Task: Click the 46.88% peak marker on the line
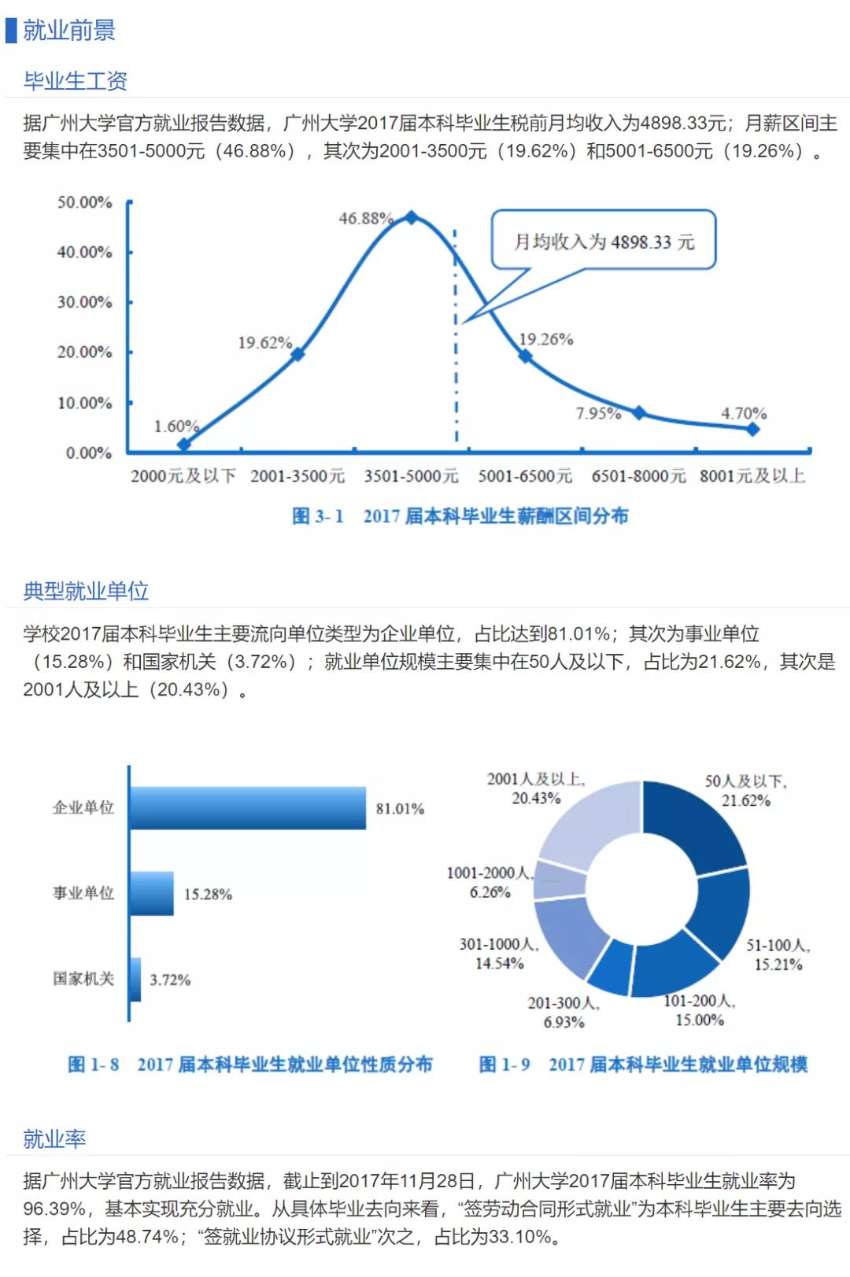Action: click(411, 217)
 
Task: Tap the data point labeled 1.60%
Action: click(184, 445)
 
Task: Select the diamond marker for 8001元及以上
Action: click(752, 429)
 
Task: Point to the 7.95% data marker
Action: click(639, 413)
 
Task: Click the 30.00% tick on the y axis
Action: click(84, 302)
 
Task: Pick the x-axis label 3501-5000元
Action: click(411, 476)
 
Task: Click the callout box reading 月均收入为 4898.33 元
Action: click(604, 241)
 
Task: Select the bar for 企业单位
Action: click(248, 808)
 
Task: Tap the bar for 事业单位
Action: click(152, 894)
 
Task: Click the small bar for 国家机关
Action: click(135, 980)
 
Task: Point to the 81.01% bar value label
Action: click(400, 809)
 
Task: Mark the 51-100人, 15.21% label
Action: click(778, 954)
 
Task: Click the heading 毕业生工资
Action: click(76, 80)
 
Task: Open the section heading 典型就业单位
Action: click(86, 591)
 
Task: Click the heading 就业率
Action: click(54, 1139)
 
